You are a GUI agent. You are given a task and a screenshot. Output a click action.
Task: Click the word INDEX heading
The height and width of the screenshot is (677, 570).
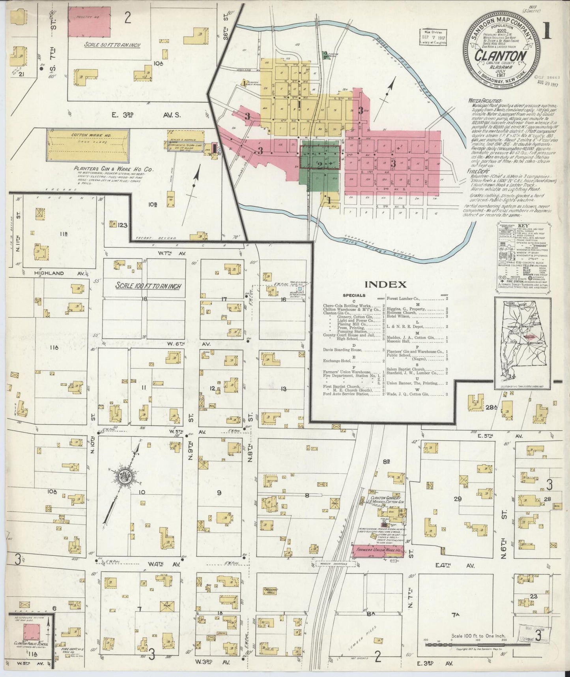tap(385, 284)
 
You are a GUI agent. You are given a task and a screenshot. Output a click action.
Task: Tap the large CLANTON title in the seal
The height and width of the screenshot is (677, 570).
tap(501, 56)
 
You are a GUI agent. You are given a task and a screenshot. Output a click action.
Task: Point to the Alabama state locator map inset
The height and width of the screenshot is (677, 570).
tap(523, 343)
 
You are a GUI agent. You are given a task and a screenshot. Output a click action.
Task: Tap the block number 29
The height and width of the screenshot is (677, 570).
tap(458, 499)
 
